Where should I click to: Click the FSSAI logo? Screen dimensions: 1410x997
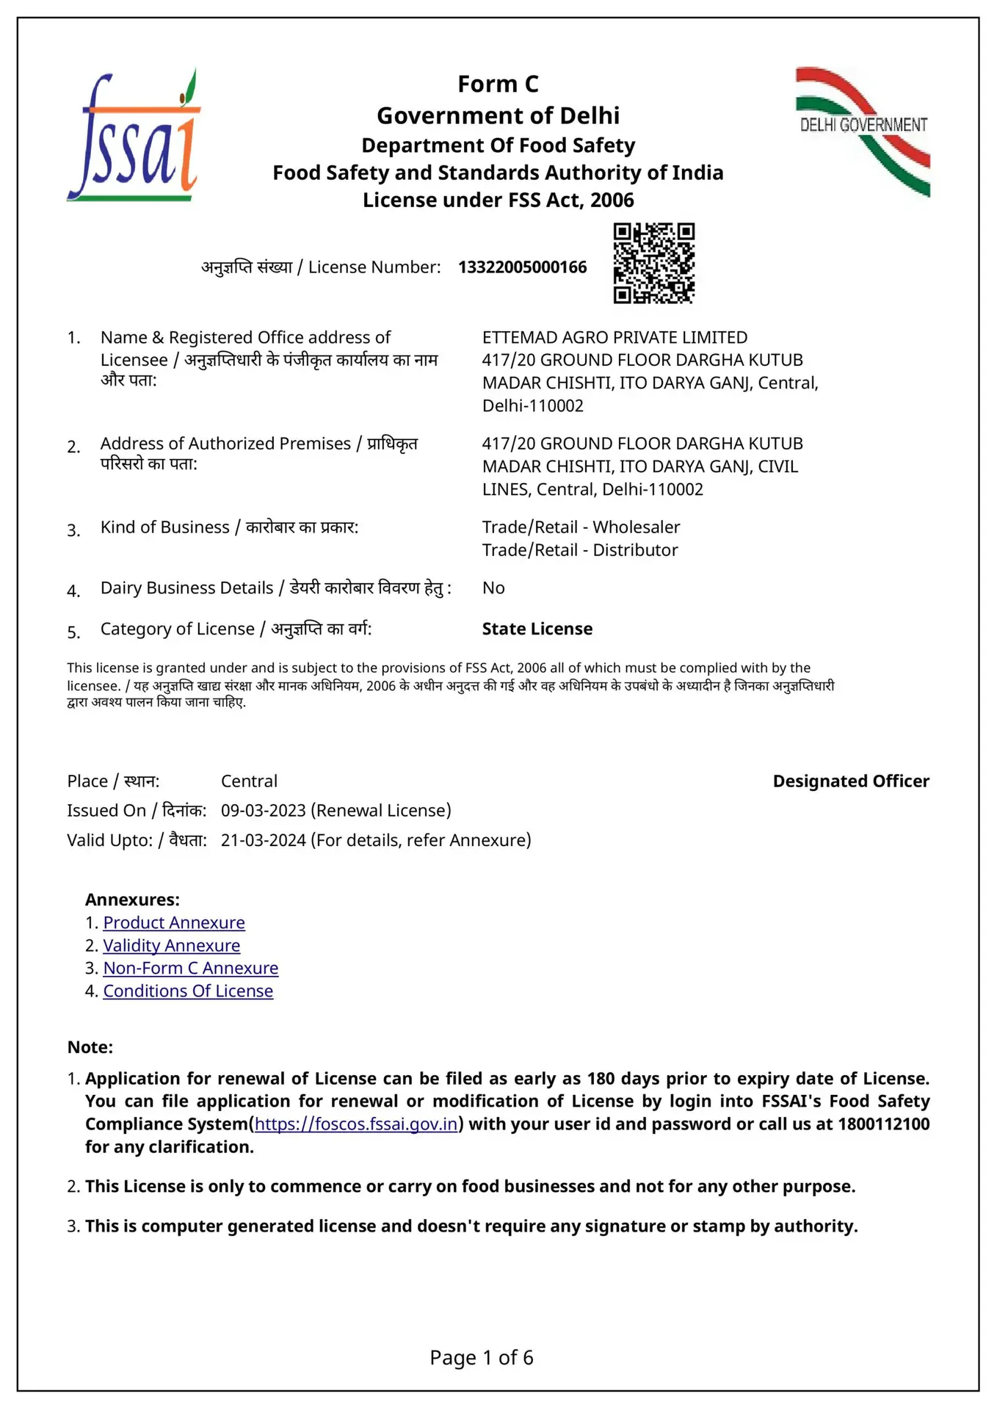(x=133, y=137)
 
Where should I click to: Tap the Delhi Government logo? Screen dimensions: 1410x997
(x=863, y=131)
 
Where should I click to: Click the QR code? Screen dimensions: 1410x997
(x=653, y=263)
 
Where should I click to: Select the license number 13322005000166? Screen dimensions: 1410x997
(x=522, y=267)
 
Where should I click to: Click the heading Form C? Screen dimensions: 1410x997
(x=498, y=84)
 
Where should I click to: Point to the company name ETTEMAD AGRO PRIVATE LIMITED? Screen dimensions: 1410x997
(x=614, y=337)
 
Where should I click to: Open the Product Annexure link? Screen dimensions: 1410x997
(x=174, y=922)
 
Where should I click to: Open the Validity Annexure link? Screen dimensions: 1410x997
(x=171, y=945)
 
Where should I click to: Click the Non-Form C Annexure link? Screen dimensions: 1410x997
(x=190, y=968)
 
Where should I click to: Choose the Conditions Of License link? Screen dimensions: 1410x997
(x=188, y=991)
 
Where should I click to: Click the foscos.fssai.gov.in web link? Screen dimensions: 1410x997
(x=356, y=1124)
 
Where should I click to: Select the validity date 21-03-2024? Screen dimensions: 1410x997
(x=263, y=839)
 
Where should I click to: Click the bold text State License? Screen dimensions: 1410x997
(x=537, y=629)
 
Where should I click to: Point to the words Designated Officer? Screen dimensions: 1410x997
(x=850, y=781)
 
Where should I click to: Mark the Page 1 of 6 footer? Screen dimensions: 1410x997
(x=482, y=1357)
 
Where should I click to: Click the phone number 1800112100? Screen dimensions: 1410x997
(x=883, y=1124)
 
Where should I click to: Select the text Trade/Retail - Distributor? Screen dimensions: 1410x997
(x=579, y=550)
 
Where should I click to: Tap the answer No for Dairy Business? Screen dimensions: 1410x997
(x=493, y=587)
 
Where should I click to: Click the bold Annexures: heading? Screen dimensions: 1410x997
(x=132, y=900)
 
